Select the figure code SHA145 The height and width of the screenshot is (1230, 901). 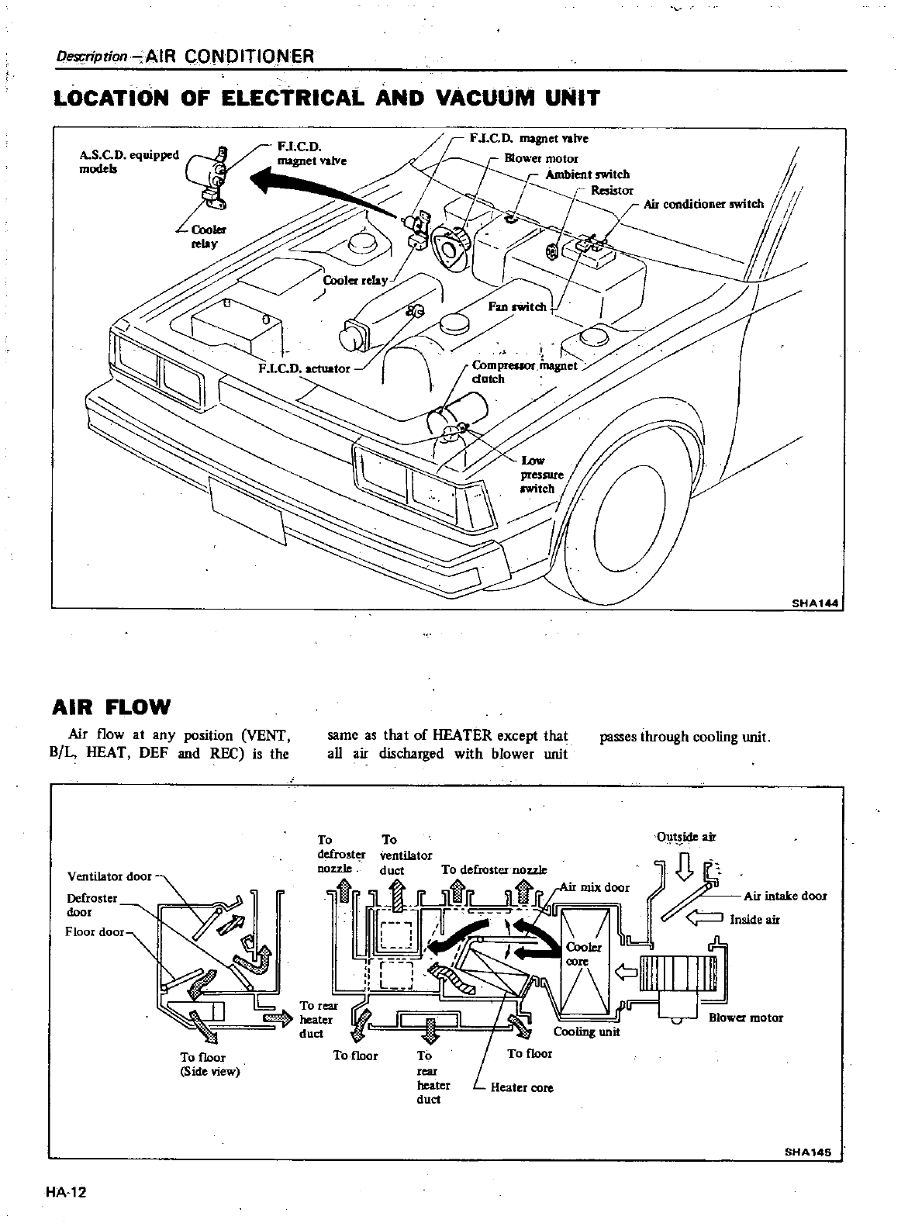(x=810, y=1153)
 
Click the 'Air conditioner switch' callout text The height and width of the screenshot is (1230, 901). (x=703, y=204)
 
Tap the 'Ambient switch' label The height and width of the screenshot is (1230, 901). (x=587, y=174)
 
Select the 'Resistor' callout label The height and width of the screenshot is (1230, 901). (x=612, y=190)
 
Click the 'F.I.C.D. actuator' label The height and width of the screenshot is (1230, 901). (x=304, y=368)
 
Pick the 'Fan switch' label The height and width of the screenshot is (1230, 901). (x=517, y=306)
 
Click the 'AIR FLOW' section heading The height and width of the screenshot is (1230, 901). (x=111, y=707)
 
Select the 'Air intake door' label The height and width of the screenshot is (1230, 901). (x=785, y=896)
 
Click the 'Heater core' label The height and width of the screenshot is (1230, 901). (x=522, y=1088)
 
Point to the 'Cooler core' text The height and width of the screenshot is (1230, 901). (x=578, y=955)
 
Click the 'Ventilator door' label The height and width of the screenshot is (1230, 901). (x=109, y=876)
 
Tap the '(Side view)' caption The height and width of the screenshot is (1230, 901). (x=210, y=1072)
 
